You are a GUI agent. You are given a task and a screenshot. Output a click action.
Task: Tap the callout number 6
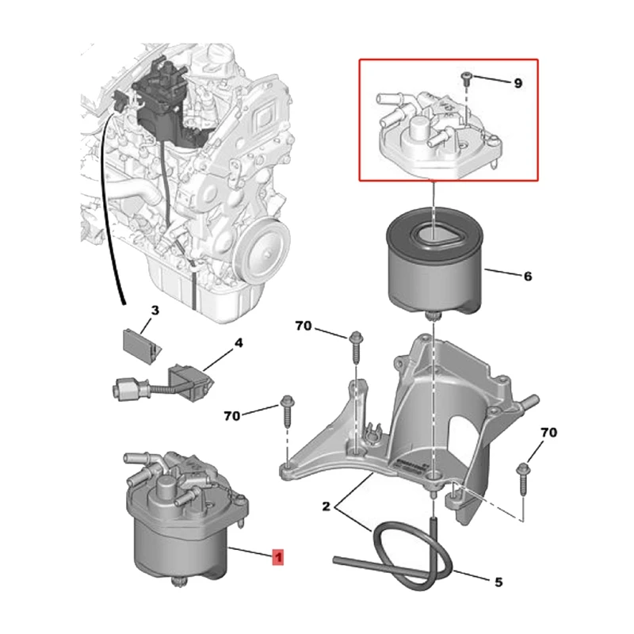point(527,277)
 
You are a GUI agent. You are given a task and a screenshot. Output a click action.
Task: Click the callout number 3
point(155,310)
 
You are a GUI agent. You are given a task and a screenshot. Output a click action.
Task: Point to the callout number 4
point(237,345)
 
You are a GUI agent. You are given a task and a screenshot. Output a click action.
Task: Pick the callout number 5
point(498,582)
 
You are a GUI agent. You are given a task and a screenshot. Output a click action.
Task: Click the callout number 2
point(325,504)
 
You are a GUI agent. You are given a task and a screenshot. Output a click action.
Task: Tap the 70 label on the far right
point(548,433)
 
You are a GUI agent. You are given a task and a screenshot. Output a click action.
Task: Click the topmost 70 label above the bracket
point(304,326)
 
